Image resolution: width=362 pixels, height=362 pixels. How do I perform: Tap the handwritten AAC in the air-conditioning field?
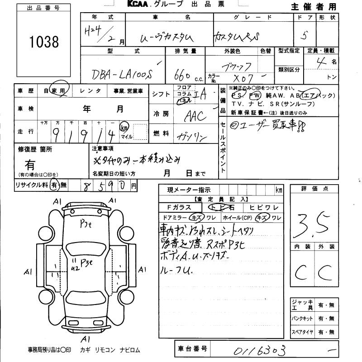[x=196, y=115]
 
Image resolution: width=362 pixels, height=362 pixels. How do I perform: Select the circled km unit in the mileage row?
[x=124, y=129]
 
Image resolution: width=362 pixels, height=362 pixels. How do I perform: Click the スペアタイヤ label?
[x=302, y=332]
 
